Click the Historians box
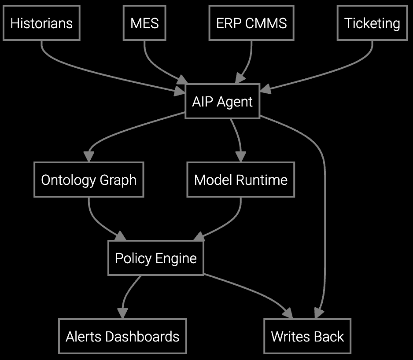pos(41,23)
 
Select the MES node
pos(144,23)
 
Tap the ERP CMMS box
pos(251,23)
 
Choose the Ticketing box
pos(372,23)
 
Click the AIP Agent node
pos(222,102)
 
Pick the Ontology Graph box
pos(88,180)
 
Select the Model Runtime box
pos(241,180)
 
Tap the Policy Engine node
pos(156,258)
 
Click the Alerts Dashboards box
pos(122,337)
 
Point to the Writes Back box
pos(307,337)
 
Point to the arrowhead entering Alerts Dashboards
pos(122,313)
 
